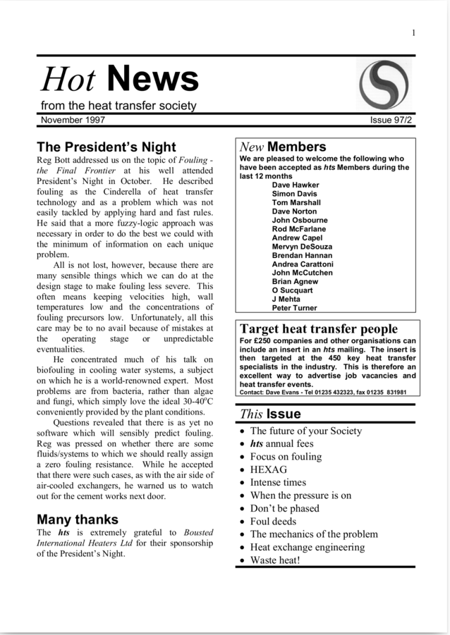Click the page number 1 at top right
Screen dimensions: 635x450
pos(413,32)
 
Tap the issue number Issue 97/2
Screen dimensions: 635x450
pos(391,121)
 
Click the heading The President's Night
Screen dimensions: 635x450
pos(107,147)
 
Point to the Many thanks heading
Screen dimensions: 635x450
pos(81,519)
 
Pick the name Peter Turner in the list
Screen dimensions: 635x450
pos(294,308)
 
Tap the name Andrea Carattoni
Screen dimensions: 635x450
pos(303,264)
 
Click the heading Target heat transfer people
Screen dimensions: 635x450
pos(319,329)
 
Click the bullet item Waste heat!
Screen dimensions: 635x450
pos(275,560)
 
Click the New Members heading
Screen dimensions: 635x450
pos(283,147)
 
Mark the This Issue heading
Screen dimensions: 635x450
pos(270,414)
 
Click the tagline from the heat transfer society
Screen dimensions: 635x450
pos(118,106)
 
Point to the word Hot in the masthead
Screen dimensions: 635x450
pos(68,79)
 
